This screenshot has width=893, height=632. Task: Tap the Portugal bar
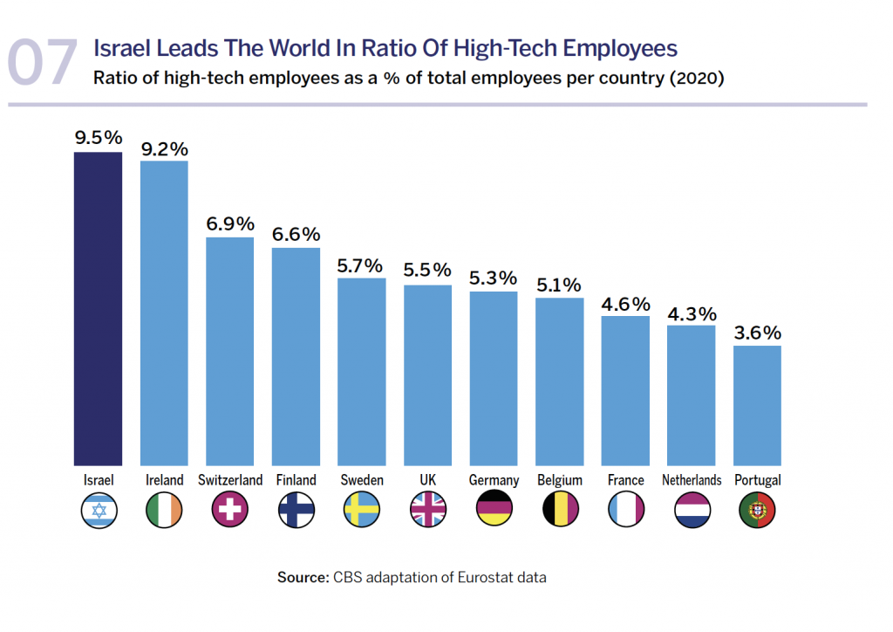click(x=757, y=405)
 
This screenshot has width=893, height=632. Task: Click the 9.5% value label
click(x=98, y=138)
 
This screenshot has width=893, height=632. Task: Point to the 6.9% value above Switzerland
click(x=229, y=223)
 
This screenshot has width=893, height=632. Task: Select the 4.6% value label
click(x=625, y=304)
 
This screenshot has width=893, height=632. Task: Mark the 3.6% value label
click(x=757, y=333)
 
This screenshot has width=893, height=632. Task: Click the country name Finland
click(x=296, y=480)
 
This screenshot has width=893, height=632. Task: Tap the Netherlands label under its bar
click(x=692, y=480)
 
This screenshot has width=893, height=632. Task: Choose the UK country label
click(x=427, y=480)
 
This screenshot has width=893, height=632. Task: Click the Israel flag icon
click(x=98, y=511)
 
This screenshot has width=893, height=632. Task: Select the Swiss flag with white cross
click(x=229, y=511)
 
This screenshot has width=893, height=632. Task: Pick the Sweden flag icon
click(x=362, y=511)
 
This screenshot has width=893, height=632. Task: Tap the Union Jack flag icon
click(x=427, y=511)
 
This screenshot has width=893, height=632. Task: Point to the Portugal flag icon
click(x=757, y=511)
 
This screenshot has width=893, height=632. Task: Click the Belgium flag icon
click(x=559, y=511)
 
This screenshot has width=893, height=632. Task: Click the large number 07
click(x=43, y=64)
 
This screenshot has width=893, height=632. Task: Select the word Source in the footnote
click(x=301, y=577)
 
